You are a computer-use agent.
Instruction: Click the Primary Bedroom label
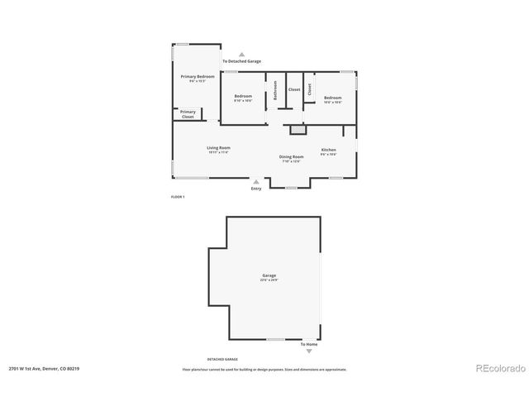[x=198, y=77]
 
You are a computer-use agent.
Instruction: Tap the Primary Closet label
[x=188, y=114]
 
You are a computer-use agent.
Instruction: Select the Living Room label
[x=218, y=148]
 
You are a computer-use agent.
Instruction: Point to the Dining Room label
[x=291, y=156]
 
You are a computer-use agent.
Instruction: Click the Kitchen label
[x=328, y=150]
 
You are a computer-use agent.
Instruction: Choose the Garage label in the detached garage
[x=269, y=275]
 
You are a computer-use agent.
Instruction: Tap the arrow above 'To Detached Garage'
[x=241, y=54]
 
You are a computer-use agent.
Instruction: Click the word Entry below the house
[x=256, y=189]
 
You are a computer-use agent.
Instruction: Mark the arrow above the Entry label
[x=256, y=181]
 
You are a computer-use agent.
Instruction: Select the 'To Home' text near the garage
[x=308, y=344]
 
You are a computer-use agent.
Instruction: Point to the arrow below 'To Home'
[x=309, y=352]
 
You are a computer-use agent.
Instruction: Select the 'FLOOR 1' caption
[x=177, y=197]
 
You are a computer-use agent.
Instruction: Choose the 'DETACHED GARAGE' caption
[x=222, y=359]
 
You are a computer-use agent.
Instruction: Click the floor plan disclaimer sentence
[x=264, y=369]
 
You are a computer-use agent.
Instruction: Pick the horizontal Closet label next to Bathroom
[x=294, y=89]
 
